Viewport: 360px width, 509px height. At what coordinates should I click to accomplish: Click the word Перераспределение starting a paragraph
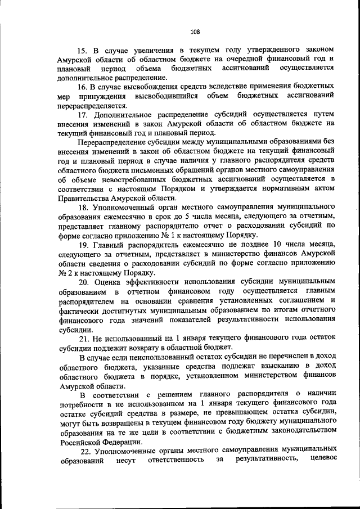coord(116,141)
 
